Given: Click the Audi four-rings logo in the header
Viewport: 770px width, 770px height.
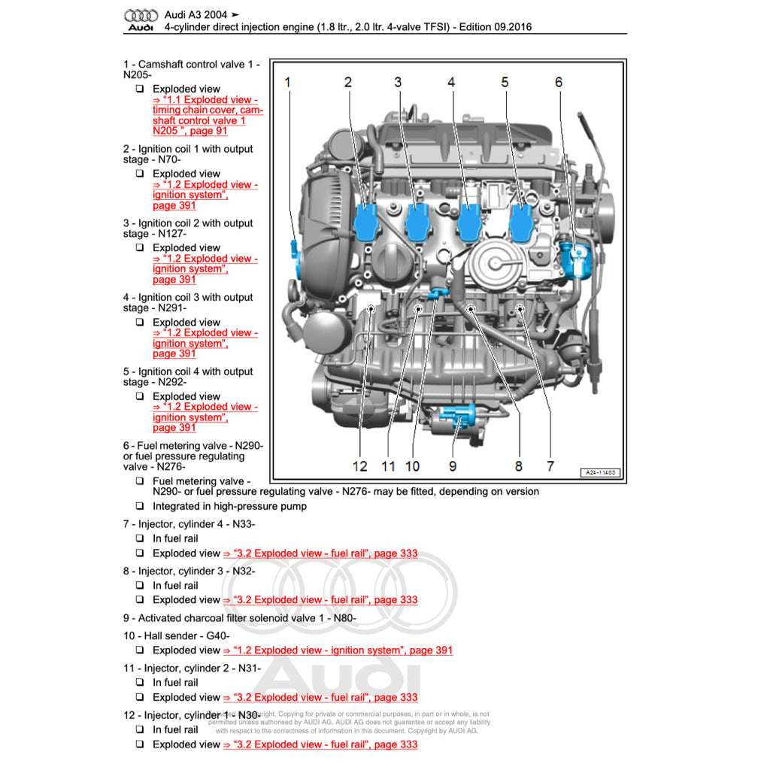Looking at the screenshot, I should point(141,16).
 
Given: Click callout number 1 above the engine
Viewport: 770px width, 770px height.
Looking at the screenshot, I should point(288,82).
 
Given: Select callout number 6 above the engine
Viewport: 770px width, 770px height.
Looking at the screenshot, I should point(559,82).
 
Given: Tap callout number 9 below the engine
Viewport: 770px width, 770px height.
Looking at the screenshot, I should point(453,466).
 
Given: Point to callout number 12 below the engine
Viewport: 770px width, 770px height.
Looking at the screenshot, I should point(360,466).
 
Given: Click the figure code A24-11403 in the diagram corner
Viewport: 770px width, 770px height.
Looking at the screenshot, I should point(600,472).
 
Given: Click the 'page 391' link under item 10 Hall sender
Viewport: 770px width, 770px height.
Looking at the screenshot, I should point(338,650).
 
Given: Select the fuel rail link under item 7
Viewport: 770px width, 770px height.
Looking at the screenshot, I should point(320,553).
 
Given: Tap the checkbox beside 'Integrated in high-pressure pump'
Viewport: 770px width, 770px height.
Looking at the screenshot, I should point(140,506).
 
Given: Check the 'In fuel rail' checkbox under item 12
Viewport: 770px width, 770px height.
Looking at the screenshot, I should point(140,729).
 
